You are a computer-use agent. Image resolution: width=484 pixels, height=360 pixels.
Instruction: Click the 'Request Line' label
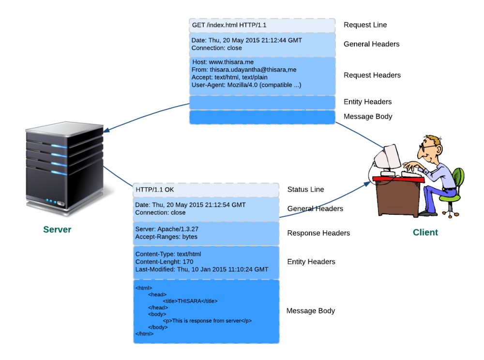point(365,25)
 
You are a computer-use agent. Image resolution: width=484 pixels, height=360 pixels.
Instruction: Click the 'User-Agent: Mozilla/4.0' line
point(246,85)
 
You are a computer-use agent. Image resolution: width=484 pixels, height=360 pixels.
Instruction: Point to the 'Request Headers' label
point(372,75)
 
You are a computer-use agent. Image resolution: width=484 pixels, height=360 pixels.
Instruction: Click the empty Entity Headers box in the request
point(262,102)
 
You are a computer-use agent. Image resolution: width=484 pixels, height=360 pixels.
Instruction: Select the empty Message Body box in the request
point(262,117)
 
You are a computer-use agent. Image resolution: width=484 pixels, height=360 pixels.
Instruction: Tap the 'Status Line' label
point(305,189)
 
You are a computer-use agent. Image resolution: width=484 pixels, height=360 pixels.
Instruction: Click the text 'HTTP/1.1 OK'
point(155,190)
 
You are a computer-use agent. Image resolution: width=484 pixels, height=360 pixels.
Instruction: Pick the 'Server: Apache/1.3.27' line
point(167,229)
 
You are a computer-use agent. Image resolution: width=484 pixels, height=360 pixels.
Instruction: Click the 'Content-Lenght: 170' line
point(164,262)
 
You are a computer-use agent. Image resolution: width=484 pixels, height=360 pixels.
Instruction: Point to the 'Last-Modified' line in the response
point(201,270)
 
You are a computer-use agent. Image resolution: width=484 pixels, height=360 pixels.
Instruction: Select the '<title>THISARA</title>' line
point(190,301)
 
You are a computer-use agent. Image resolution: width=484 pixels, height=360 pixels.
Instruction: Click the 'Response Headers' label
point(318,233)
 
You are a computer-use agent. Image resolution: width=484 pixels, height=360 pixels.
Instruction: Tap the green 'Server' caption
point(57,229)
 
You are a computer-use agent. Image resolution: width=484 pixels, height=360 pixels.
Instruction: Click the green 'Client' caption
point(425,232)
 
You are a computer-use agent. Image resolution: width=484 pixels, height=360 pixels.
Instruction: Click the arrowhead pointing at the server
point(107,130)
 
